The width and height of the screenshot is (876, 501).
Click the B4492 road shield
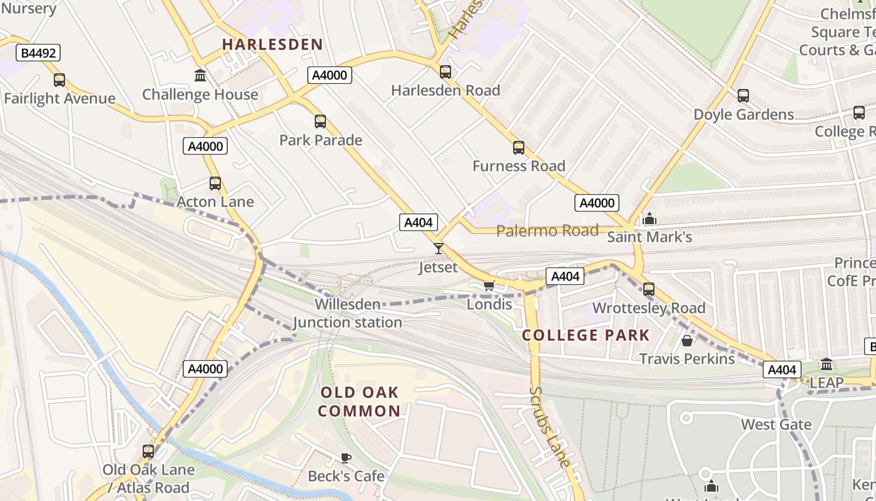(x=39, y=53)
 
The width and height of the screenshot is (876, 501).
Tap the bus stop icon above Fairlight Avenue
(x=59, y=80)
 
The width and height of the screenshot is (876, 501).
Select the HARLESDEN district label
(x=272, y=44)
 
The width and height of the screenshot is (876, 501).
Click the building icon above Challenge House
(x=200, y=76)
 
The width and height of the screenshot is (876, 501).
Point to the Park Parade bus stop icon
(x=320, y=121)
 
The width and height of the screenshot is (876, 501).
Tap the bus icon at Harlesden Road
(x=446, y=72)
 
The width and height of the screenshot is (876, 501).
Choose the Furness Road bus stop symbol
(x=519, y=148)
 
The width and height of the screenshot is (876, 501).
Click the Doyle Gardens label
(x=743, y=115)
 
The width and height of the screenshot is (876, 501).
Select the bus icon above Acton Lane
(x=215, y=183)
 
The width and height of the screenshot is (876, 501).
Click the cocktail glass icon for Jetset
(x=439, y=249)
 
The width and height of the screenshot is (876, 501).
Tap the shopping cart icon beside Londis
(x=489, y=286)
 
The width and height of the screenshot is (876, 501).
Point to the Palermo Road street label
(x=547, y=230)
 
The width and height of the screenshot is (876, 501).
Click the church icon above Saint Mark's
(x=649, y=219)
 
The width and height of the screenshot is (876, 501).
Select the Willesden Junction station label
(x=348, y=313)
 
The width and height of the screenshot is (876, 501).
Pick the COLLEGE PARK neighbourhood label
(x=586, y=335)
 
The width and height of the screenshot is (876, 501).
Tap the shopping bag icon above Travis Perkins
(x=687, y=341)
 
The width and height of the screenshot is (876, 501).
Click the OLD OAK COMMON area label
(x=359, y=401)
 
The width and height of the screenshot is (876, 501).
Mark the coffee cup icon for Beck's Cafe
(x=345, y=458)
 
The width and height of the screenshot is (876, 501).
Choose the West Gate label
(x=776, y=425)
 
